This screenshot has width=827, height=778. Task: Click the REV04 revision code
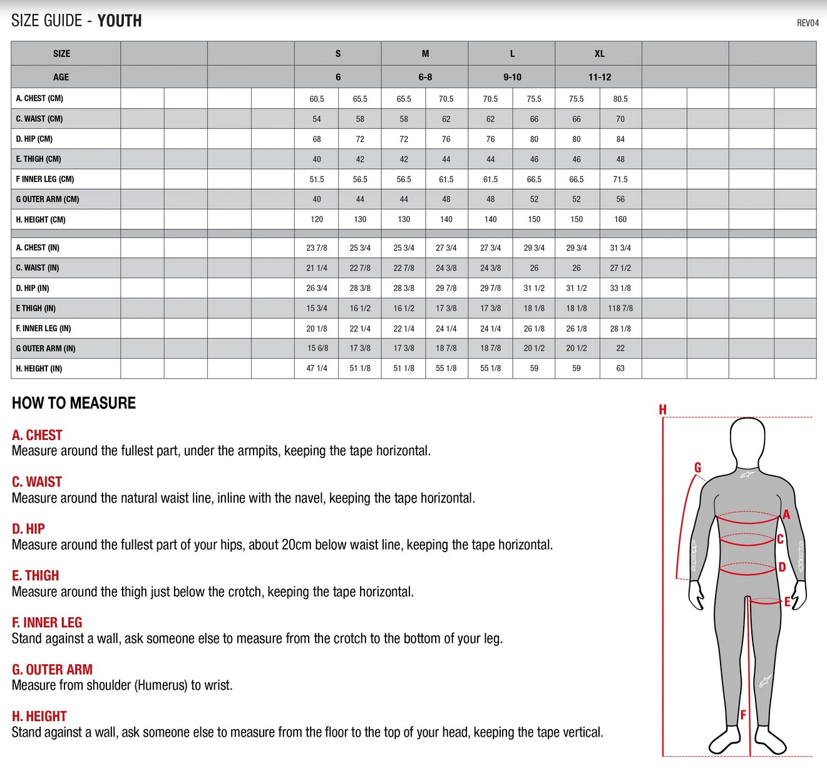(x=808, y=23)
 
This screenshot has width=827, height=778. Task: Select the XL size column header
(x=599, y=54)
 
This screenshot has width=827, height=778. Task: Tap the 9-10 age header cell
(x=512, y=77)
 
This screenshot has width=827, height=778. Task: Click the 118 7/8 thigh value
(x=620, y=308)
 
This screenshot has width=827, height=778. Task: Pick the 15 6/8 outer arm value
(x=317, y=348)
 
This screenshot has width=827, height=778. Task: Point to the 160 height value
(x=620, y=219)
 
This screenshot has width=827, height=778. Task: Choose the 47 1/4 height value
(x=317, y=368)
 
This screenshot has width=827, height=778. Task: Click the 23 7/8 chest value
(x=317, y=248)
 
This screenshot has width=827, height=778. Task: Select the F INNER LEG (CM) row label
(x=45, y=179)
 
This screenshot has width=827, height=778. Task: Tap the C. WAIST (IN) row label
(x=38, y=268)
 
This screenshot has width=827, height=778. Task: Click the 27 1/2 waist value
(x=620, y=268)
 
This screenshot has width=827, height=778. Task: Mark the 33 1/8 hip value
(x=620, y=288)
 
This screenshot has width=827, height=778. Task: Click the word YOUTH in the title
(x=120, y=21)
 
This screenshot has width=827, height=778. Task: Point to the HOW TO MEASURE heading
(x=74, y=402)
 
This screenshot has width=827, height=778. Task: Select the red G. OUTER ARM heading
(x=52, y=669)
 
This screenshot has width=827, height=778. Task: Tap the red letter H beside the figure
(x=662, y=410)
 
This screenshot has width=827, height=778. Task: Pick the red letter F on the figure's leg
(x=743, y=715)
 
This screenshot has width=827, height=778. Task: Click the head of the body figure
(x=747, y=441)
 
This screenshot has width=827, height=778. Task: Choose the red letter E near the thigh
(x=787, y=602)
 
